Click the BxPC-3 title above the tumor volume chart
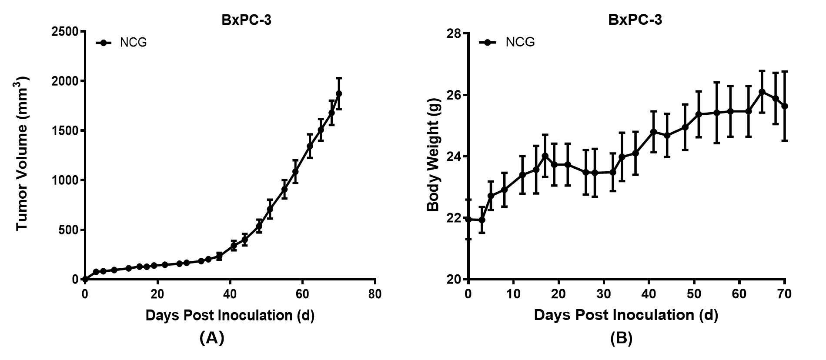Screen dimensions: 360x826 pyautogui.click(x=246, y=20)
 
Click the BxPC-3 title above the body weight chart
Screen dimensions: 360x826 pyautogui.click(x=635, y=20)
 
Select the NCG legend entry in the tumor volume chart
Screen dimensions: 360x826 pyautogui.click(x=121, y=43)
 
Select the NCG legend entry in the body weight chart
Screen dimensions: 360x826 pyautogui.click(x=507, y=42)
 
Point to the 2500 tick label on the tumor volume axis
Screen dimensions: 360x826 pyautogui.click(x=65, y=32)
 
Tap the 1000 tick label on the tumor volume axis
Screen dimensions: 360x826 pyautogui.click(x=65, y=180)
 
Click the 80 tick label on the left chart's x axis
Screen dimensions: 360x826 pyautogui.click(x=375, y=294)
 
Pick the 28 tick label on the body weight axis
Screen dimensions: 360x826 pyautogui.click(x=454, y=33)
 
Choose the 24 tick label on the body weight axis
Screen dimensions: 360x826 pyautogui.click(x=454, y=157)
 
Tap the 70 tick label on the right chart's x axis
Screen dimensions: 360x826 pyautogui.click(x=784, y=294)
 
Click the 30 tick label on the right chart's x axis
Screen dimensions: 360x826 pyautogui.click(x=604, y=294)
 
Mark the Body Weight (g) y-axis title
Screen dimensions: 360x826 pyautogui.click(x=434, y=155)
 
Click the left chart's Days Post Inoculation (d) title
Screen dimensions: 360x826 pyautogui.click(x=230, y=315)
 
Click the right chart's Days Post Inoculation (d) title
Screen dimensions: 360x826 pyautogui.click(x=626, y=315)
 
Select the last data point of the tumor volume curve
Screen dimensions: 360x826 pyautogui.click(x=339, y=93)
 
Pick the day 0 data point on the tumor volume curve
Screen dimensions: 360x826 pyautogui.click(x=85, y=279)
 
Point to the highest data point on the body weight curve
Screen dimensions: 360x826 pyautogui.click(x=762, y=92)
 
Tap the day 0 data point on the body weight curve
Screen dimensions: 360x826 pyautogui.click(x=468, y=219)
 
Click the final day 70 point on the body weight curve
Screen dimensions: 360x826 pyautogui.click(x=785, y=106)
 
